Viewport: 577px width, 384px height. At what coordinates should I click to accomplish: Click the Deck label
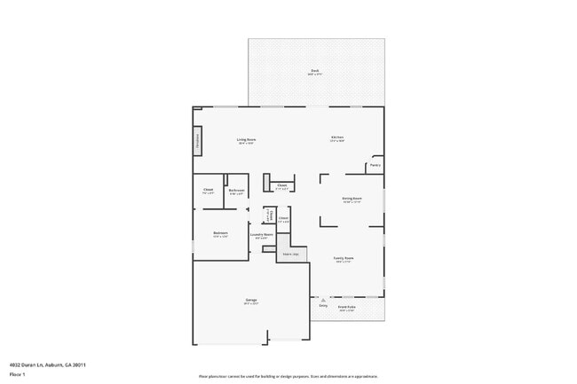[x=314, y=72]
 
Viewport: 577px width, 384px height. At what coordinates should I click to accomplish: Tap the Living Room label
[x=246, y=140]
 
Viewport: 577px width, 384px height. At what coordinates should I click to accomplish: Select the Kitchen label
[x=337, y=138]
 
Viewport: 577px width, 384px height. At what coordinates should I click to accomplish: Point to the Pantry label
[x=375, y=165]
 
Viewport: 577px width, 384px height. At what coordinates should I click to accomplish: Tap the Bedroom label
[x=220, y=235]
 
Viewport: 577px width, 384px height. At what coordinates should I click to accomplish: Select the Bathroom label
[x=236, y=192]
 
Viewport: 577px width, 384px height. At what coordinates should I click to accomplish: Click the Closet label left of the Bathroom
[x=208, y=191]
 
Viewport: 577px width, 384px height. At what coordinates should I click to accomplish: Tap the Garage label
[x=251, y=302]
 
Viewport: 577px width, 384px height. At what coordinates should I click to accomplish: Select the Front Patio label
[x=347, y=308]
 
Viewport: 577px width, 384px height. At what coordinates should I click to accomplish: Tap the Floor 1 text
[x=17, y=374]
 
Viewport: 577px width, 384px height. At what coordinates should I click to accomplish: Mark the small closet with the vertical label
[x=269, y=216]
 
